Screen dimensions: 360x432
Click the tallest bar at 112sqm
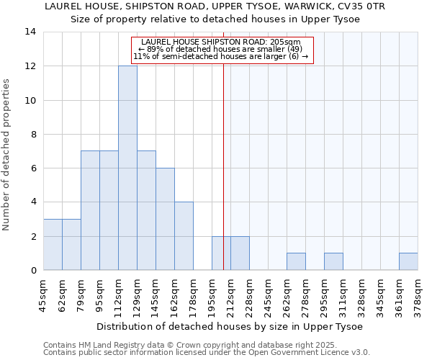tap(127, 168)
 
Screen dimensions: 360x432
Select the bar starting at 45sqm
tap(53, 245)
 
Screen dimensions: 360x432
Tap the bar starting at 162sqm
tap(184, 236)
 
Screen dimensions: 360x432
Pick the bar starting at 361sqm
tap(408, 261)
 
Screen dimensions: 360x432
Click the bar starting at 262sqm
tap(296, 261)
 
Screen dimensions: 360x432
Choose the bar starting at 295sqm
tap(333, 261)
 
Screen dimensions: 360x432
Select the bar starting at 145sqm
tap(165, 219)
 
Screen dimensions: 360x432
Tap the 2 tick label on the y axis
tap(33, 236)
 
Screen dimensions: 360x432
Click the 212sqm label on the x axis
tap(230, 294)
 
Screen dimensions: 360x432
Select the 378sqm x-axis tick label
tap(418, 294)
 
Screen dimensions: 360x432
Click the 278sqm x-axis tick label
tap(305, 294)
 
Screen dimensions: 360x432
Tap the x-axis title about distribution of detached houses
tap(230, 326)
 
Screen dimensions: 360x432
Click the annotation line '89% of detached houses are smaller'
tap(222, 49)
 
